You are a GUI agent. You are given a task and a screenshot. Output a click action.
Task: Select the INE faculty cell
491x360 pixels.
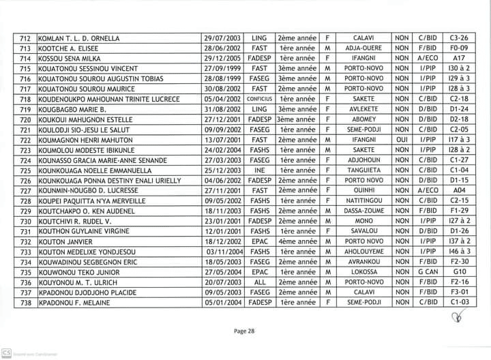click(259, 170)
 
